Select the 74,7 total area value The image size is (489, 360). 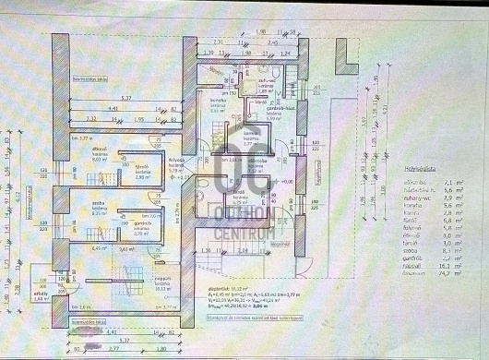point(446,274)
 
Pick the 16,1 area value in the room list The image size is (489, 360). point(446,265)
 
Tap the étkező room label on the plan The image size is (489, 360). point(101,148)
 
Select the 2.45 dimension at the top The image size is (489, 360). point(273,42)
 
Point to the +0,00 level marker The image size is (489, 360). point(289,182)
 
